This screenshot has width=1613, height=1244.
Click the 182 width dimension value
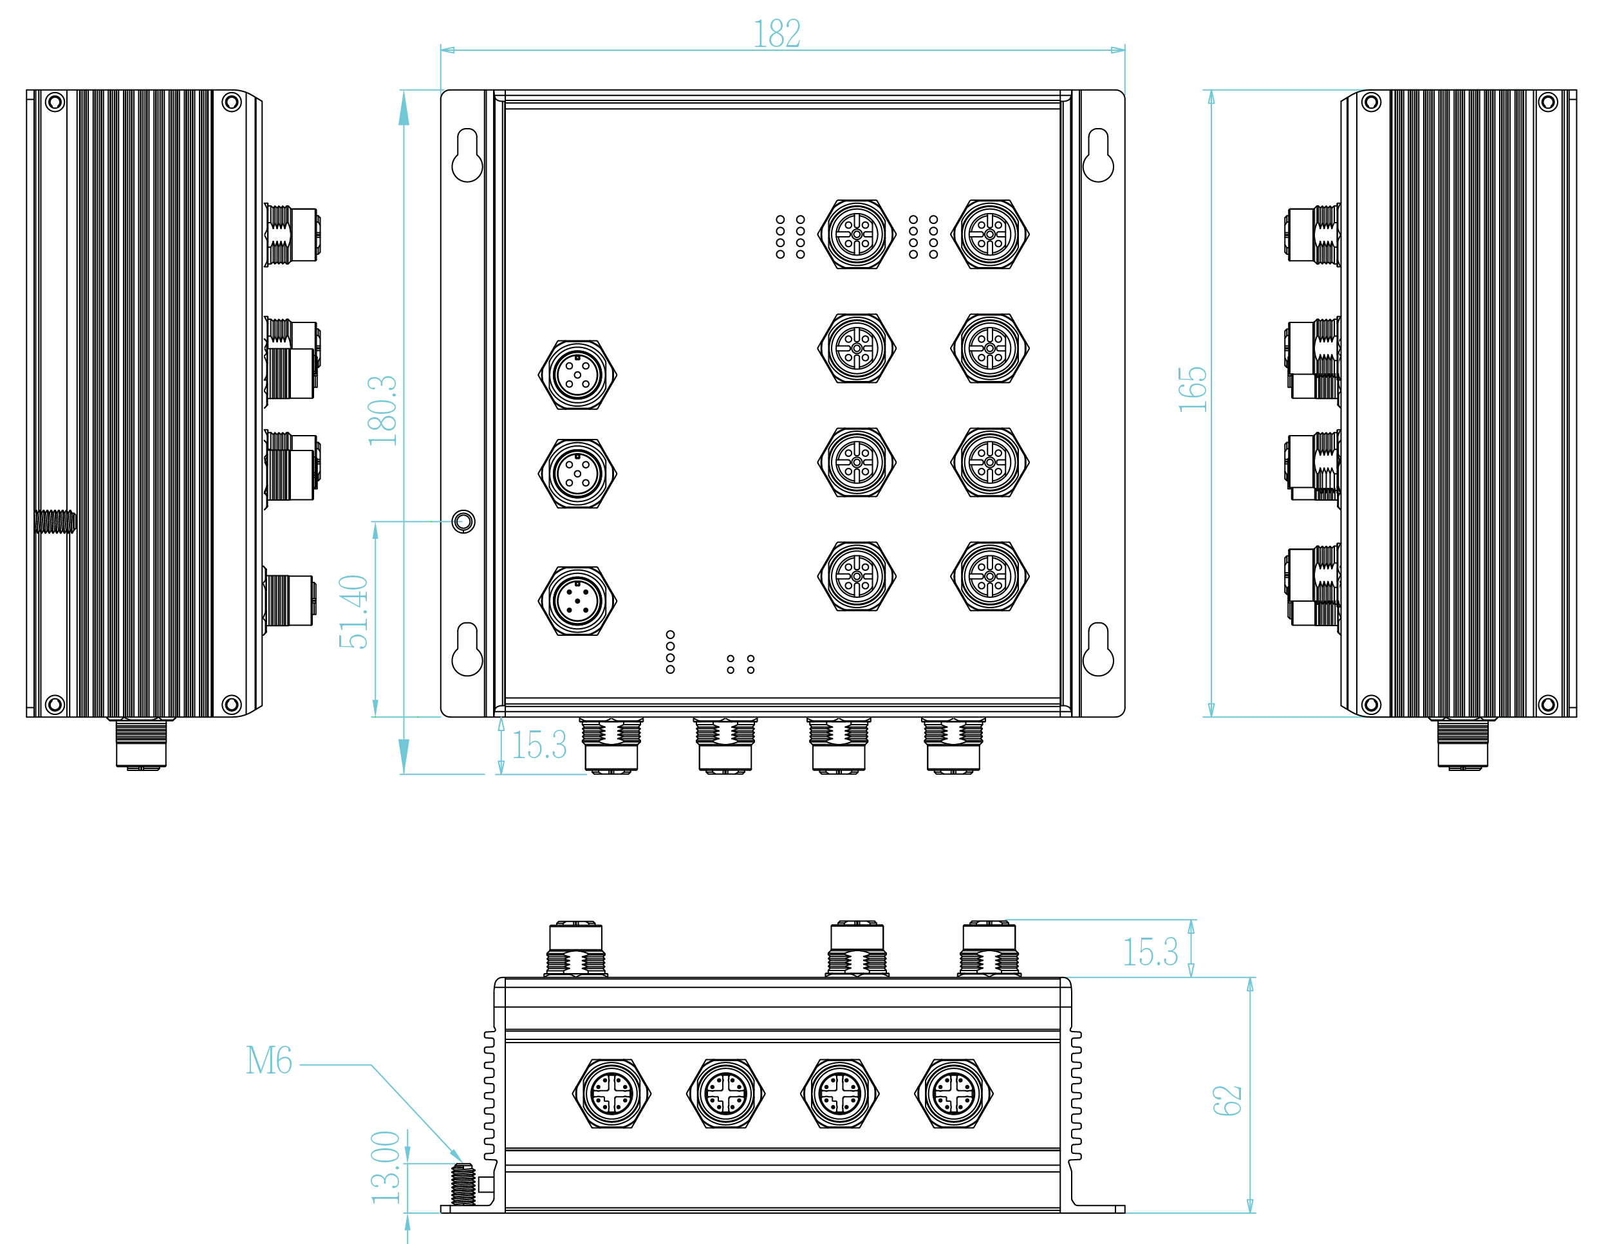(776, 34)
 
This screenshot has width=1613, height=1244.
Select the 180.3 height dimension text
(382, 411)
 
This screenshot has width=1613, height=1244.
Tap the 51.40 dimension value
(353, 612)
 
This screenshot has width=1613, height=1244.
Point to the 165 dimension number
(1192, 389)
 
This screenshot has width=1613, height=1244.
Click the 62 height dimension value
(1227, 1100)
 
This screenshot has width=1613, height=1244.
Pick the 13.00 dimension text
(386, 1167)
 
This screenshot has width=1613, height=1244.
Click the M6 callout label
(269, 1061)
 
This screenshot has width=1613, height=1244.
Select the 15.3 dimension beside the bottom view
(1150, 952)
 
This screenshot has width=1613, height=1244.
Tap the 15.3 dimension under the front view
(539, 745)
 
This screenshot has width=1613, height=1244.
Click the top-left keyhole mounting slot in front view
(467, 155)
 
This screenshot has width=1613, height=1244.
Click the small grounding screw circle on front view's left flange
(463, 521)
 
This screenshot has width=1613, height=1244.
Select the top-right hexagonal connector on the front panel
(990, 234)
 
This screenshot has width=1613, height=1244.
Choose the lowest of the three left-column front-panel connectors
(577, 601)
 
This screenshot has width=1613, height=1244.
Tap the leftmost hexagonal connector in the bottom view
(611, 1093)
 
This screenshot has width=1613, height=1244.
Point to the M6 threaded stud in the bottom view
(463, 1184)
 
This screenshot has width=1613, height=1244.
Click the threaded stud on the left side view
(55, 521)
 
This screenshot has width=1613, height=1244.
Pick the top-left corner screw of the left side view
(55, 102)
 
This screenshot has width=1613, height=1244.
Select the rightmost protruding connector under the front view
(953, 746)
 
